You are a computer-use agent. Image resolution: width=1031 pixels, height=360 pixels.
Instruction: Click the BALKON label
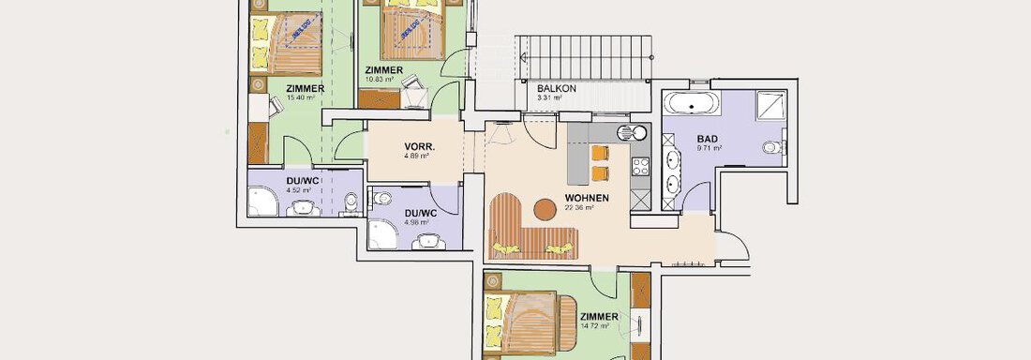coord(556,87)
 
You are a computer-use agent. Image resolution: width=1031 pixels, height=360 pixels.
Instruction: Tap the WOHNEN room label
coord(587,198)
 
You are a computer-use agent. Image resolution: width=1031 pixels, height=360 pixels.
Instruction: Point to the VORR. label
coord(417,147)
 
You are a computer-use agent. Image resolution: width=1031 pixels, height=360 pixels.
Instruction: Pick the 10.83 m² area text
coord(384,81)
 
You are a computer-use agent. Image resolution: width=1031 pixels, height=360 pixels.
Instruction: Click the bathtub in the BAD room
coord(692,103)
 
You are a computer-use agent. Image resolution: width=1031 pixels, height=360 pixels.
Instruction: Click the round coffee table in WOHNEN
coord(543,207)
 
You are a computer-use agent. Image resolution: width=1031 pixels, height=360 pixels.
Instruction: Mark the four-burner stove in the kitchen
coord(641,167)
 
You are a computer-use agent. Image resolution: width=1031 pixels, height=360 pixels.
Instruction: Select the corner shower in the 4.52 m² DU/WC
coord(261,201)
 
